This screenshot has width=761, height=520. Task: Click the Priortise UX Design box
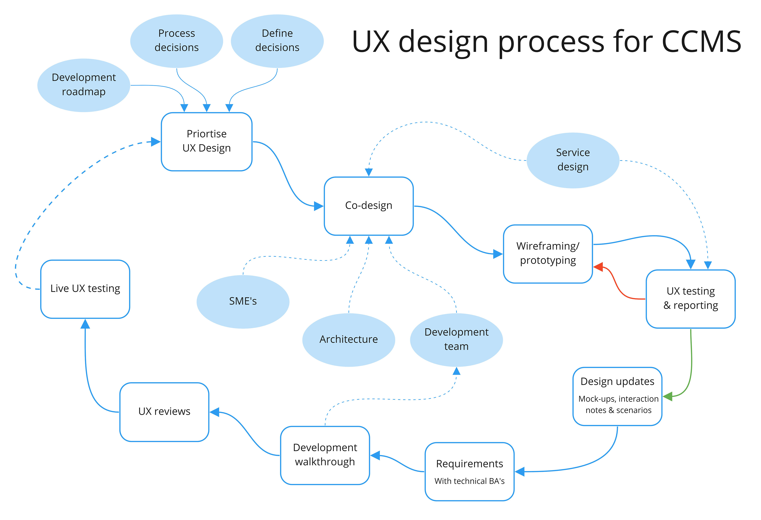pos(207,141)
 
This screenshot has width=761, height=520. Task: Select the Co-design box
pos(369,206)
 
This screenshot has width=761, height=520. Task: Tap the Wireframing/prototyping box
pos(548,254)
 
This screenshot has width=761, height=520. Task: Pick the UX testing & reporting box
pos(691,299)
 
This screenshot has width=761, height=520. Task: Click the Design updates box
pos(617,396)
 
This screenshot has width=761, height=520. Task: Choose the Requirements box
pos(469,471)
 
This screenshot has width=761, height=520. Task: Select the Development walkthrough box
pos(325,455)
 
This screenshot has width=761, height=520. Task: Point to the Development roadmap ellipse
pos(84,85)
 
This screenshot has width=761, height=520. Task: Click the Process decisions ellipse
pos(177,41)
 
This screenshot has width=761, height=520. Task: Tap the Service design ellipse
pos(573,160)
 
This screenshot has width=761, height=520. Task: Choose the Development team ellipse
pos(456,340)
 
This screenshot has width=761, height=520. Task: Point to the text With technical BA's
pos(469,481)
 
